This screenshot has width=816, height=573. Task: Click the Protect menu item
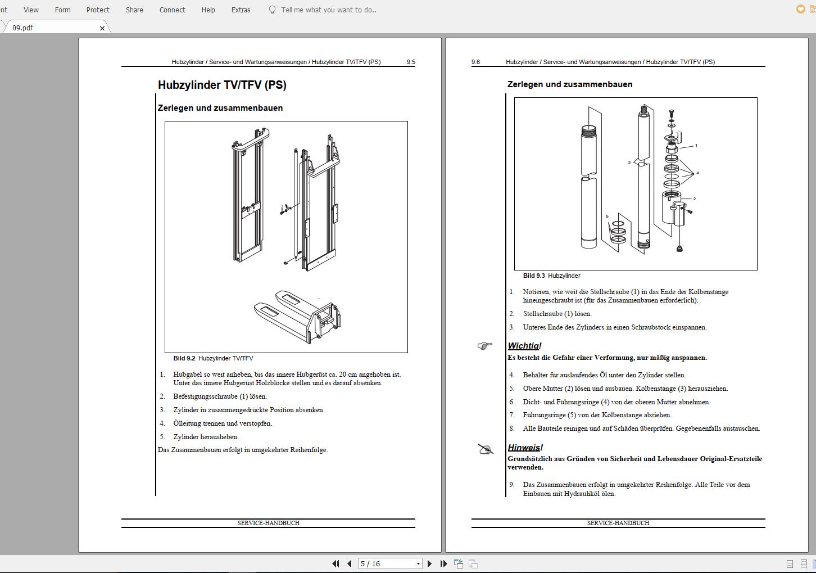(x=98, y=10)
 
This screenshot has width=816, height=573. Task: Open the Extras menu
(x=241, y=10)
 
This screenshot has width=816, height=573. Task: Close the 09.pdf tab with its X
(x=102, y=28)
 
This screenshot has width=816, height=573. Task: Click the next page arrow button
(x=430, y=563)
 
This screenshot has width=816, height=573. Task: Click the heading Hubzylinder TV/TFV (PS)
(x=222, y=85)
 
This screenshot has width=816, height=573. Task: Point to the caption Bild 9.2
(x=184, y=358)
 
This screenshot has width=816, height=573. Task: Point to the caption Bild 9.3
(x=534, y=276)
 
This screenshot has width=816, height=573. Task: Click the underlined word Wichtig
(x=523, y=346)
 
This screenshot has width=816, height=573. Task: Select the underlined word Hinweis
(x=523, y=448)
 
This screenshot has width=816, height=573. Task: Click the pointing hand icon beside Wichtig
(x=484, y=346)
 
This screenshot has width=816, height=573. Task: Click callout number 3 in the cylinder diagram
(x=629, y=163)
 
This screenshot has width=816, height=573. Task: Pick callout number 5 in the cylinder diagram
(x=607, y=216)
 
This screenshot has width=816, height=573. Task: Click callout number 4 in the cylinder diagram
(x=697, y=173)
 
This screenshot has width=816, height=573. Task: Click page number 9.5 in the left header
(x=411, y=62)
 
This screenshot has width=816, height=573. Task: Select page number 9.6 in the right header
(x=475, y=62)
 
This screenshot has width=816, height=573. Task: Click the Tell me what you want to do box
(x=329, y=10)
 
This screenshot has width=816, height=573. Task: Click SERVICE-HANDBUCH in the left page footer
(x=268, y=523)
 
